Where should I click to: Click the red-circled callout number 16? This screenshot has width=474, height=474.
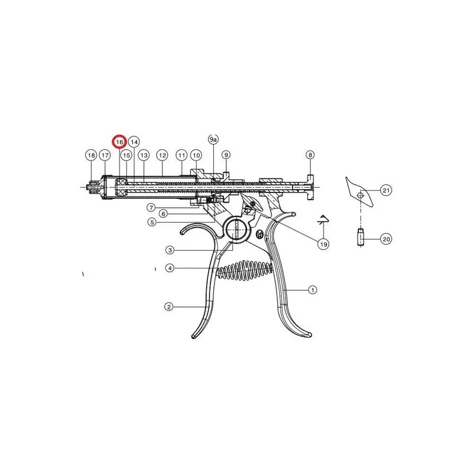coord(120,142)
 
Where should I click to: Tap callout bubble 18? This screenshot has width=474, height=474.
coord(91,155)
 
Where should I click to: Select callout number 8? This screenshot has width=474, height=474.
coord(310,155)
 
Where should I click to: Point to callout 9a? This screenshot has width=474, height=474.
coord(213,139)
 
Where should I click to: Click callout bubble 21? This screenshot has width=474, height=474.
coord(386,190)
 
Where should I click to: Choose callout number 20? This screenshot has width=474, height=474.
coord(386,239)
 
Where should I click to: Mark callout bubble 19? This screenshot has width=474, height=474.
coord(324,244)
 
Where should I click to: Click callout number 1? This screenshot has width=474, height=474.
coord(312,290)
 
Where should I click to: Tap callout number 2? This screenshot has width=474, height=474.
coord(169,307)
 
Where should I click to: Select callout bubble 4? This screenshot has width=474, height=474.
coord(170,268)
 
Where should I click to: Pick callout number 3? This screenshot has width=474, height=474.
coord(170,250)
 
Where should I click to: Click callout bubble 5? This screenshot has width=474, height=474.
coord(152,222)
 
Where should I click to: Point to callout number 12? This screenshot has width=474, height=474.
coord(162,155)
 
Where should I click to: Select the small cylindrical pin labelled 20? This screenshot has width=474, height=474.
coord(360,238)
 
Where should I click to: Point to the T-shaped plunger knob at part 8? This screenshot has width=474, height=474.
coord(310,187)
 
